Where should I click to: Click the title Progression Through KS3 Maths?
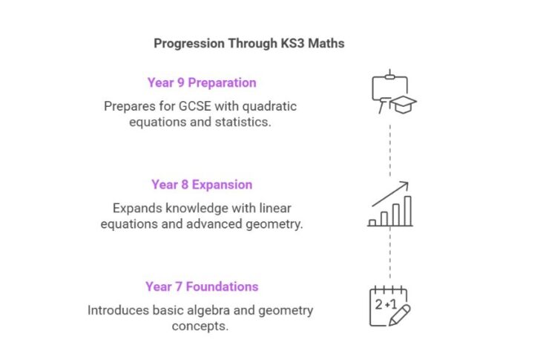248,43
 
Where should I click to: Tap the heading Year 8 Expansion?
201,185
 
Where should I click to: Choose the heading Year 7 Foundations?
201,287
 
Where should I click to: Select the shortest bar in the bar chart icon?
372,221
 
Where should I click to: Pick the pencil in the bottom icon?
401,313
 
